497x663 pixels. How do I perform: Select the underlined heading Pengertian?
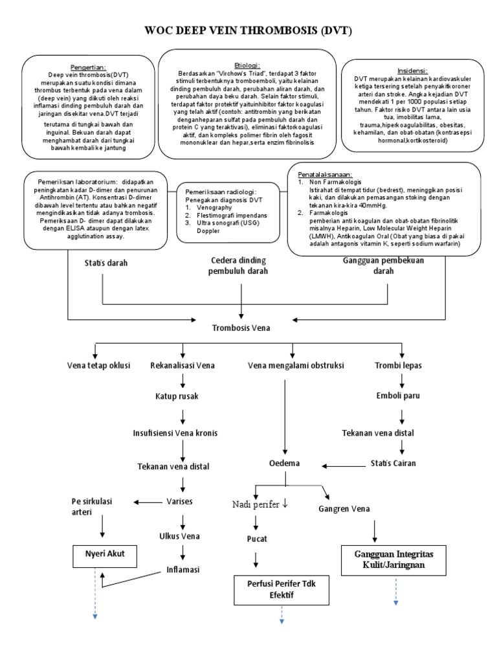pos(88,67)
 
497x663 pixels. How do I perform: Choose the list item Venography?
pos(215,209)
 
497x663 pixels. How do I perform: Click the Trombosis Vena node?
pos(241,328)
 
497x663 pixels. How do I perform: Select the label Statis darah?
pos(107,263)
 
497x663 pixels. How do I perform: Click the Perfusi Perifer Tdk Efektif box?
pos(282,588)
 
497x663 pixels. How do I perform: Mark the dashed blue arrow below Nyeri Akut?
pos(95,592)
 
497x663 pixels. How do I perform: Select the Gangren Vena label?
pos(344,509)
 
